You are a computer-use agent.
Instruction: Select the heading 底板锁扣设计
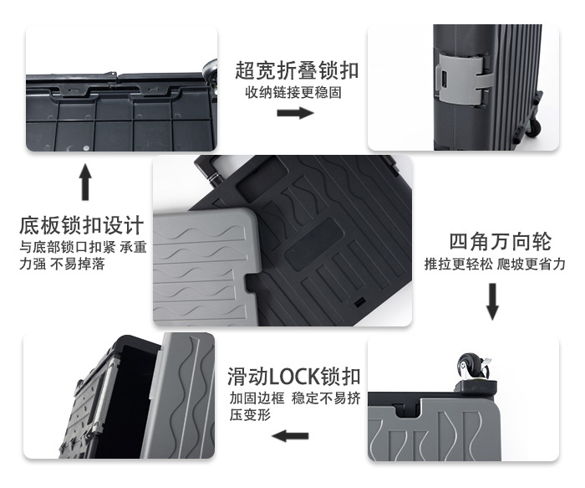tap(83, 226)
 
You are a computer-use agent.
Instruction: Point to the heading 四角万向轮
tap(501, 243)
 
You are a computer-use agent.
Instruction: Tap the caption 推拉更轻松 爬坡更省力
tap(495, 265)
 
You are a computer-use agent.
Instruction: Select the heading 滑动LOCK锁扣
tap(294, 375)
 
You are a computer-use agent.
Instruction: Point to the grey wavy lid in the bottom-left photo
tap(189, 393)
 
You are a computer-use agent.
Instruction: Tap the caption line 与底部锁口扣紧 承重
tap(83, 248)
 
